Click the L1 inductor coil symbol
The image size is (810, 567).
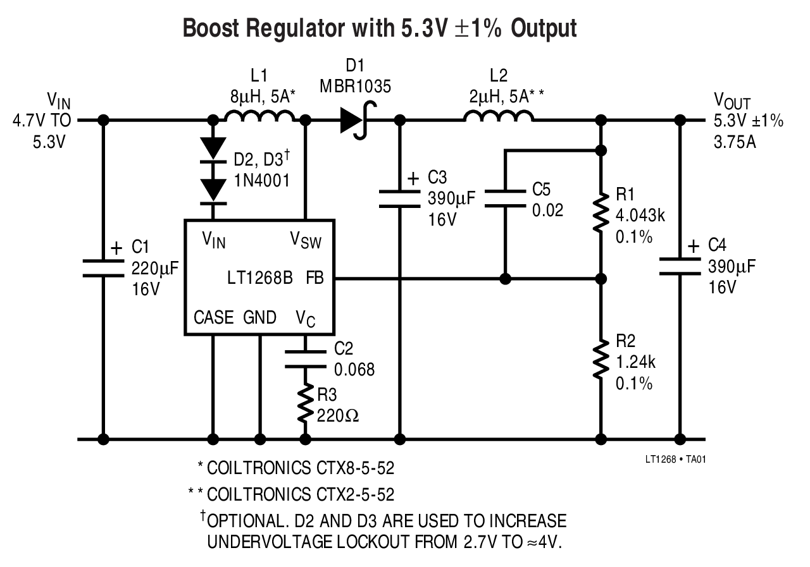259,115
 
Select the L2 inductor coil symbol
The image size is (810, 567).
498,115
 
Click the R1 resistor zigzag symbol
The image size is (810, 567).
600,216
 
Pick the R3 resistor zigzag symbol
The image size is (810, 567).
306,405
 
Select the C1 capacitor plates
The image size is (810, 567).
104,268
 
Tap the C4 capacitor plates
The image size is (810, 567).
681,266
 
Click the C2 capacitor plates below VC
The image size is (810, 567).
306,359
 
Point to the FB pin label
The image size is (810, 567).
315,278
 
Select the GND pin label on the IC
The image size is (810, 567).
259,317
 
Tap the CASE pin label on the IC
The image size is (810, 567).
214,317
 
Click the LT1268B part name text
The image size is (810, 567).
259,278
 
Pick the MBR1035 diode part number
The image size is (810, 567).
356,85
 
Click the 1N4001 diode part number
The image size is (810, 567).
261,180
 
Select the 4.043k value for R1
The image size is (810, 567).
640,215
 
